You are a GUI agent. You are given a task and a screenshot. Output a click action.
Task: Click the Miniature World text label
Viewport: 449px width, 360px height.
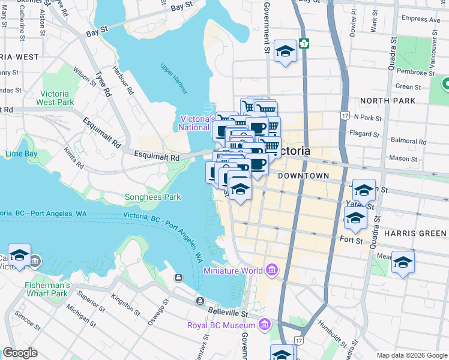pos(233,271)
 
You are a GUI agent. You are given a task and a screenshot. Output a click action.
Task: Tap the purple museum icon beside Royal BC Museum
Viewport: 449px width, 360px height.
pos(264,325)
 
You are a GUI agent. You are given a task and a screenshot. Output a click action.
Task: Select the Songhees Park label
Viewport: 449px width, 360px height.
pos(152,197)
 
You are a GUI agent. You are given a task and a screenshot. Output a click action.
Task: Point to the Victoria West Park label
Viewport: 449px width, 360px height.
pos(57,98)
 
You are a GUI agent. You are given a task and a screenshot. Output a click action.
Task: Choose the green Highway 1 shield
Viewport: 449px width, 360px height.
pos(305,43)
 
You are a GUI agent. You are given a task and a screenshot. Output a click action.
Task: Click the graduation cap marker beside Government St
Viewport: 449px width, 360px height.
pos(285,51)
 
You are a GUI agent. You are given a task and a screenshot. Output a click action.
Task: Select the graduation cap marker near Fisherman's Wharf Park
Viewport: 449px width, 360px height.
pos(19,255)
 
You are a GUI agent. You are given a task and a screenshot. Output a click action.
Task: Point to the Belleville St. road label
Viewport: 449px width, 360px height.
pos(228,313)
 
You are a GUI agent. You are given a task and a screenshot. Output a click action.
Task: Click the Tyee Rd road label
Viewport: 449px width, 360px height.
pos(103,85)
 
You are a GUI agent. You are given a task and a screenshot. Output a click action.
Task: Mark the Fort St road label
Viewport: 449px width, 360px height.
pos(351,241)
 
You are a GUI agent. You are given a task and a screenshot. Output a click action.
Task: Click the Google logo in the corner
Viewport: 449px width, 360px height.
pos(20,353)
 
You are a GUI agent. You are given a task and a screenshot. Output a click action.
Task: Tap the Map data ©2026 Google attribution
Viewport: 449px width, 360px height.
pos(411,355)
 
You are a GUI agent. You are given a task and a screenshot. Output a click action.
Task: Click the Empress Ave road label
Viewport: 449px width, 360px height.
pos(421,19)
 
